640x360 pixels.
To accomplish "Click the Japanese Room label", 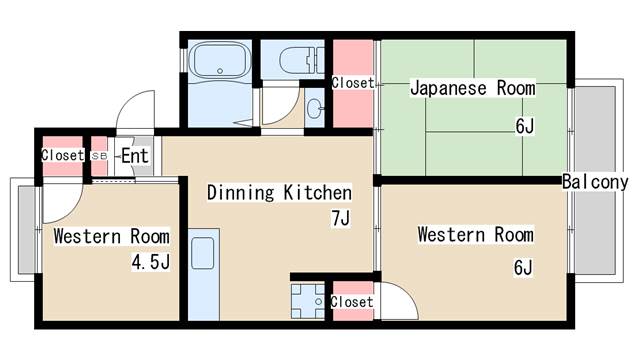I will [472, 88].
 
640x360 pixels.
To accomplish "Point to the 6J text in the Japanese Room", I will [525, 125].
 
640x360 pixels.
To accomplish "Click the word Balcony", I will [595, 182].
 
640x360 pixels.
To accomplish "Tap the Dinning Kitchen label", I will [279, 192].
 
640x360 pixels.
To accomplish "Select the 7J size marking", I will [340, 218].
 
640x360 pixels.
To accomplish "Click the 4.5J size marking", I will [149, 263].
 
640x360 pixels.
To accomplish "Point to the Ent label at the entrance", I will [135, 156].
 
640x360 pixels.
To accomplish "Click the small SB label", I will [99, 157].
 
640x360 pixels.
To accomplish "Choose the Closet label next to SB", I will [62, 156].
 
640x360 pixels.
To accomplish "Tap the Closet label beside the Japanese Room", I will [352, 83].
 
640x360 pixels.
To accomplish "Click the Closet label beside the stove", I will [351, 302].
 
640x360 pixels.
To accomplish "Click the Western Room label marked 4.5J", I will [111, 237].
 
